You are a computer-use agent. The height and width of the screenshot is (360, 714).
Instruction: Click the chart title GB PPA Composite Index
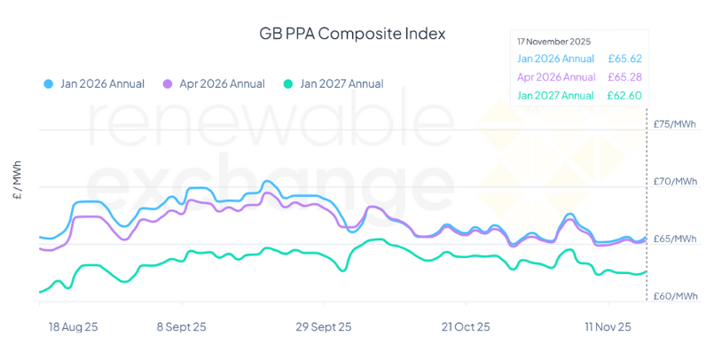(352, 34)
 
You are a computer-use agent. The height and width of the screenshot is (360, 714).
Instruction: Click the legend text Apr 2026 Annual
(222, 84)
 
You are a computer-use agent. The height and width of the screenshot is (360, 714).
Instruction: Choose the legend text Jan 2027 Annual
(341, 84)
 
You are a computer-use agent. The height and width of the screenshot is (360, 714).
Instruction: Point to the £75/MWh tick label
(674, 124)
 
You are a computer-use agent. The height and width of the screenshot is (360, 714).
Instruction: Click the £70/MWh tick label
(674, 182)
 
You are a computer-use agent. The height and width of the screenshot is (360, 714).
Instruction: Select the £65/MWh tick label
(674, 239)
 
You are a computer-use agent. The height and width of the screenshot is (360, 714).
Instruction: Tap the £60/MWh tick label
(674, 296)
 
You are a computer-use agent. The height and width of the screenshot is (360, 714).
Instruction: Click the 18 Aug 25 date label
(74, 326)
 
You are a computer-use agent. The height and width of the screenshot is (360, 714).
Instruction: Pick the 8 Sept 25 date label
(182, 326)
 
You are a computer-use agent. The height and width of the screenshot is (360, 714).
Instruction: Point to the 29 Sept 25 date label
(323, 326)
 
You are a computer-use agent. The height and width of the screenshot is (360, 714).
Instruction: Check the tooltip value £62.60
(624, 96)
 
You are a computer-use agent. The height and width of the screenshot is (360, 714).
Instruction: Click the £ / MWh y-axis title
(18, 183)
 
